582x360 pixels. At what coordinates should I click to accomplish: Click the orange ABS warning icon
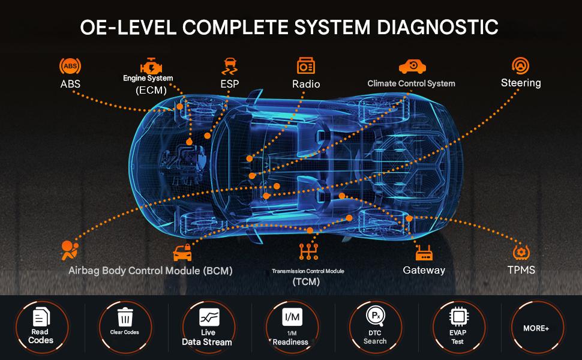click(x=70, y=65)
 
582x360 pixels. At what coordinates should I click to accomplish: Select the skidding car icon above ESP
click(x=229, y=65)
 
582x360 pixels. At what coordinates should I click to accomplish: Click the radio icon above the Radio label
click(x=306, y=65)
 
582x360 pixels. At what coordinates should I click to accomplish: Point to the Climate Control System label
click(x=411, y=83)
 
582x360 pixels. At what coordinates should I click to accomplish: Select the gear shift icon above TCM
click(x=307, y=252)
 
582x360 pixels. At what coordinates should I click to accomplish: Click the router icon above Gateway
click(x=424, y=251)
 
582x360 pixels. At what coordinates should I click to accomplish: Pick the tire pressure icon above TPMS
click(x=520, y=251)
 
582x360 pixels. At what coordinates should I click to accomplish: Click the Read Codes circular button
click(x=41, y=328)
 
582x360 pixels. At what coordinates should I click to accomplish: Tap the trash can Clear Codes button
click(x=125, y=328)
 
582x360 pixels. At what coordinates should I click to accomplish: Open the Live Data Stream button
click(x=208, y=328)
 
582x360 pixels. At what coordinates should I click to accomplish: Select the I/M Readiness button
click(x=291, y=328)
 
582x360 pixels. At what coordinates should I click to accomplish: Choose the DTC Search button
click(x=375, y=328)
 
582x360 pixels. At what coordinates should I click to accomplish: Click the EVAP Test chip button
click(x=458, y=328)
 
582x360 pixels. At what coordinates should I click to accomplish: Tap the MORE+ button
click(x=536, y=328)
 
